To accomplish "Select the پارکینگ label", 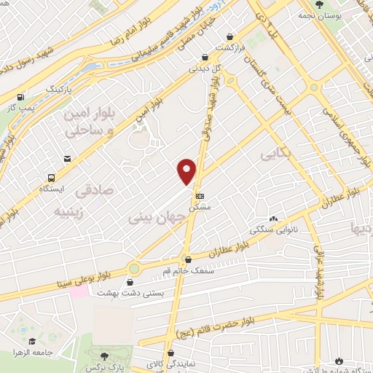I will pyautogui.click(x=60, y=87).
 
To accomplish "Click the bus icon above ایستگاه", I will pyautogui.click(x=50, y=177).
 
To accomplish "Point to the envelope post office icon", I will pyautogui.click(x=68, y=159).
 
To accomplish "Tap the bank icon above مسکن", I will pyautogui.click(x=200, y=196).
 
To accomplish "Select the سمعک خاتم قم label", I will pyautogui.click(x=188, y=270).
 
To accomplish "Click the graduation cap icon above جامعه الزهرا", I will pyautogui.click(x=32, y=341).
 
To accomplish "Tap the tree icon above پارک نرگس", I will pyautogui.click(x=105, y=354).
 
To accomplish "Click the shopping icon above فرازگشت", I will pyautogui.click(x=231, y=36).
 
